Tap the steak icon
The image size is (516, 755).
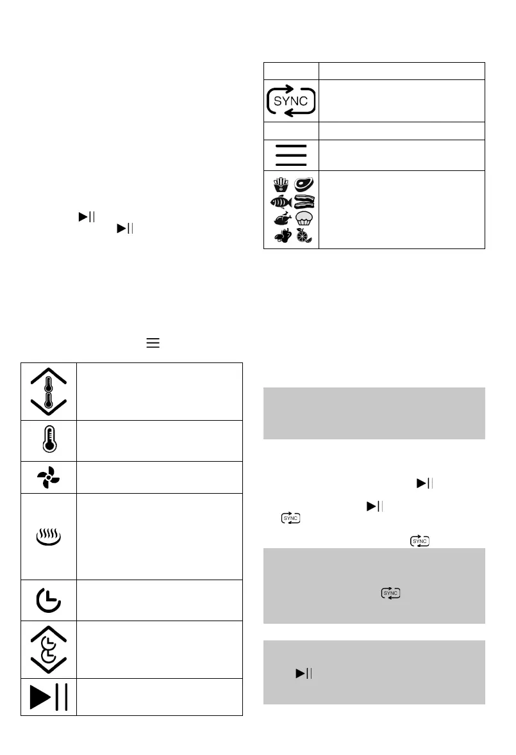click(x=304, y=185)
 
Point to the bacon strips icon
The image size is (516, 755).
click(x=304, y=202)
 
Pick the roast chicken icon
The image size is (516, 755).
click(x=281, y=219)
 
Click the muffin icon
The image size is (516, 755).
click(x=304, y=219)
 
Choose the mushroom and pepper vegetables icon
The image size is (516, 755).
click(x=281, y=236)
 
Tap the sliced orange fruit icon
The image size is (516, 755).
click(x=304, y=236)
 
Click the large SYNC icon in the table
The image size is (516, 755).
click(x=292, y=101)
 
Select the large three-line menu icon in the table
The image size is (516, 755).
click(x=292, y=154)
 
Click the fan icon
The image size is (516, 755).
click(x=49, y=477)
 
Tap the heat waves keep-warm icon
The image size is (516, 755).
click(x=49, y=536)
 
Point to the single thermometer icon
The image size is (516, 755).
click(x=49, y=441)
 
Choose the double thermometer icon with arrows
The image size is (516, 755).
click(x=49, y=391)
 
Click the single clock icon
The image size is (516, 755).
click(x=49, y=600)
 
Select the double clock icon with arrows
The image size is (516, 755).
click(x=49, y=649)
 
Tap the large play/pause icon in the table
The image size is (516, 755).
click(x=49, y=696)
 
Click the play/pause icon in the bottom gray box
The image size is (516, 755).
click(x=303, y=673)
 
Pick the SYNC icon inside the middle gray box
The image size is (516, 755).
click(x=390, y=594)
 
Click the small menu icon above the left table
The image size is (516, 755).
click(x=153, y=344)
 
